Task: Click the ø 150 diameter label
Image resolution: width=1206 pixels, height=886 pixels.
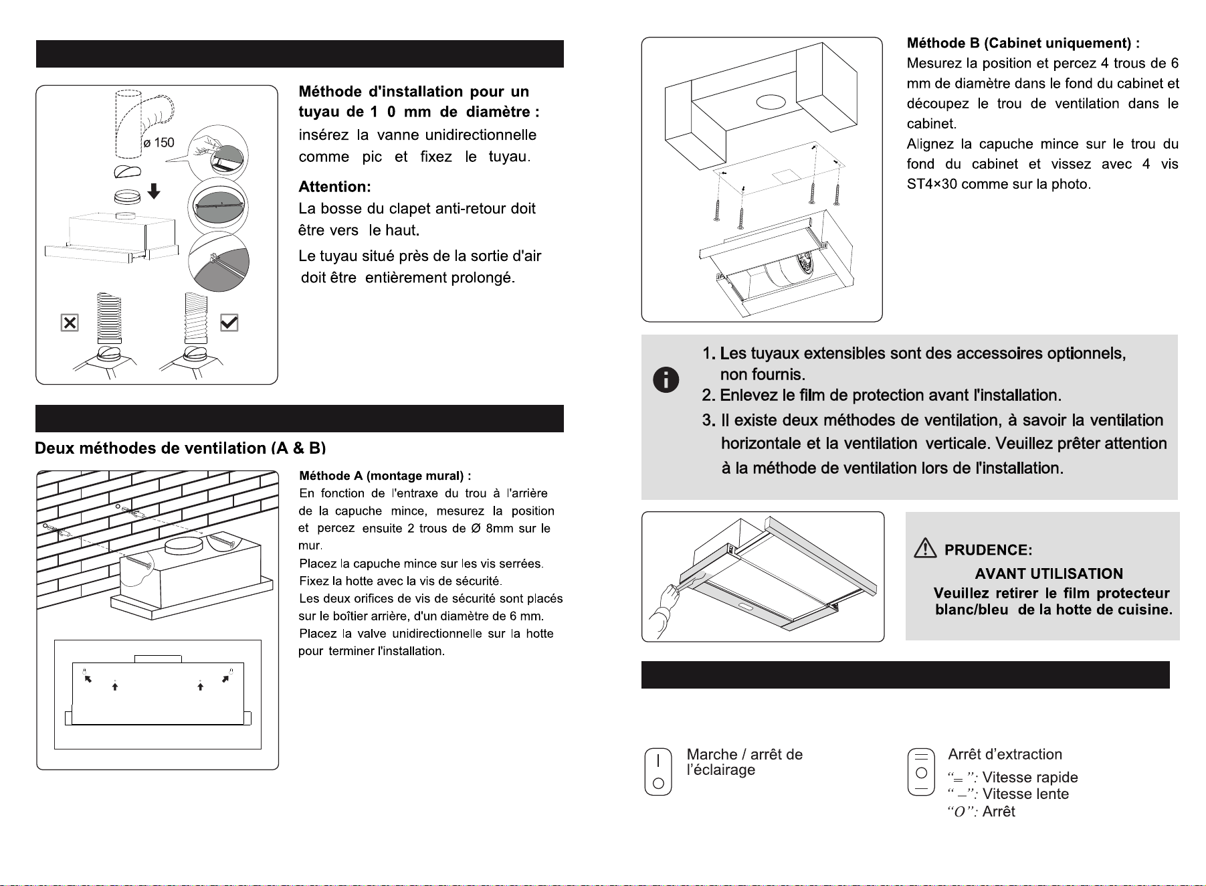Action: [x=159, y=143]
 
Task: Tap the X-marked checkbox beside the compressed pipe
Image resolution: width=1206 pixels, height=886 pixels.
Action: [x=70, y=323]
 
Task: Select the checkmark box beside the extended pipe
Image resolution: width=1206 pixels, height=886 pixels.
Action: [x=229, y=323]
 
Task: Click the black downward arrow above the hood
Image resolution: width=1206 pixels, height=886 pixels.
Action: [x=154, y=191]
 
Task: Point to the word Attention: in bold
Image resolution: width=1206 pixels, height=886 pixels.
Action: [x=334, y=187]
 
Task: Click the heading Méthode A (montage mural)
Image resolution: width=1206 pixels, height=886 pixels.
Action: [x=385, y=476]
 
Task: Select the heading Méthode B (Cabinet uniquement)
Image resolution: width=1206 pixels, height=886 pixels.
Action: [x=1023, y=43]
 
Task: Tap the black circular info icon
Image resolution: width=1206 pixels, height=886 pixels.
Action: [x=666, y=380]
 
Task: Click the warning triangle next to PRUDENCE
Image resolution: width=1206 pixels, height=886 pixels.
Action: [x=925, y=549]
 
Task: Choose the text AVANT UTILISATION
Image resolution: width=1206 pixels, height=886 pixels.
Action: [x=1049, y=573]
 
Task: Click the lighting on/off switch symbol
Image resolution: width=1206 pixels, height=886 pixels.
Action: [x=658, y=772]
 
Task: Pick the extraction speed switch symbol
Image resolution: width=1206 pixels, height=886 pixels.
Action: [x=921, y=772]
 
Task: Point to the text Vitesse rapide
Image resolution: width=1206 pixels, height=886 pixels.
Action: [x=1030, y=778]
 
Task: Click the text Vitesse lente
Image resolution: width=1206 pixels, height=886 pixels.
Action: [x=1025, y=794]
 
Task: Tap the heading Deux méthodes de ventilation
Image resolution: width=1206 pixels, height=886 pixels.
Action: [x=180, y=448]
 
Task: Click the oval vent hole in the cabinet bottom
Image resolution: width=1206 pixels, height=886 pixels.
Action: [x=771, y=102]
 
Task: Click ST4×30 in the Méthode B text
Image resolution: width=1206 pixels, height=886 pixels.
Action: [x=932, y=184]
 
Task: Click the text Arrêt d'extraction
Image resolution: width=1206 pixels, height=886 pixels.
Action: [x=1005, y=755]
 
